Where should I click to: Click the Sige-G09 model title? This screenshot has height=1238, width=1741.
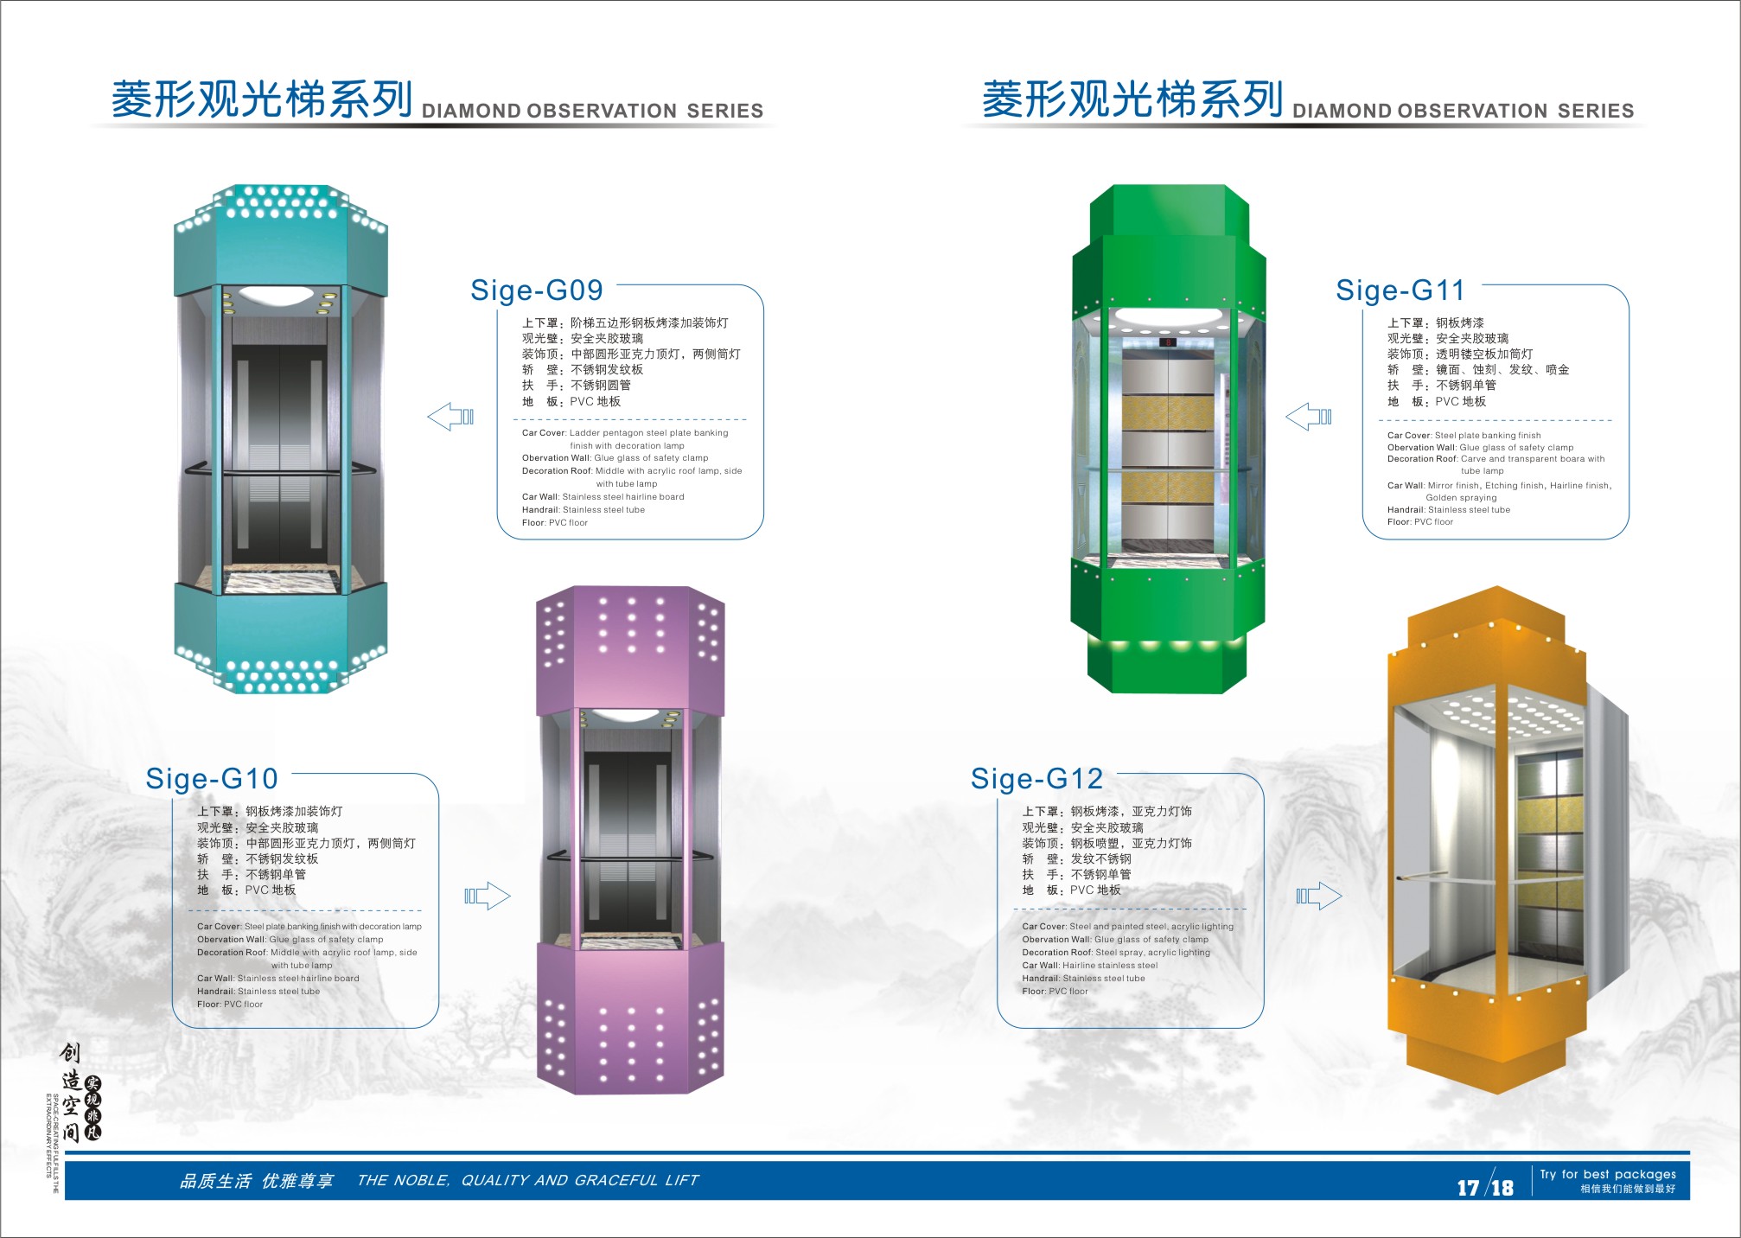[x=536, y=290]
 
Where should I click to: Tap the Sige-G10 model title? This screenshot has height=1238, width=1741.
[x=212, y=779]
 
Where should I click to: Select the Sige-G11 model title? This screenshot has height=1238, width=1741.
[x=1400, y=290]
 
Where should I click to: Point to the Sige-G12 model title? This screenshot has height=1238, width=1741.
[x=1036, y=779]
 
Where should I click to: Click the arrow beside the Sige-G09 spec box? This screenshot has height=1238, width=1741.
[x=450, y=417]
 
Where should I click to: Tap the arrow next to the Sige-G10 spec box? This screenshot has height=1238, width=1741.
[x=488, y=896]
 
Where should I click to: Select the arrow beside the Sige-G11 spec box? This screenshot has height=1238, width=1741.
[x=1309, y=417]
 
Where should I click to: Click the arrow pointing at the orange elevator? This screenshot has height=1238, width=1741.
[x=1319, y=896]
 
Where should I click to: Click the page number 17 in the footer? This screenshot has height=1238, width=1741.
[x=1468, y=1188]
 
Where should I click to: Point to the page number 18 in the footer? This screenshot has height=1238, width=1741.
[x=1502, y=1188]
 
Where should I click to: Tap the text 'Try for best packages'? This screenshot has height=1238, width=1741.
[x=1607, y=1174]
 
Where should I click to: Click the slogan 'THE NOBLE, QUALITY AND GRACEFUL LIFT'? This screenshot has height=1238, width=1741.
[x=527, y=1181]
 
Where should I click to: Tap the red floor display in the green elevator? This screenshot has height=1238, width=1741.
[x=1168, y=343]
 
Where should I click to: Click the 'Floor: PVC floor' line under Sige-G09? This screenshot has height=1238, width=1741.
[x=555, y=523]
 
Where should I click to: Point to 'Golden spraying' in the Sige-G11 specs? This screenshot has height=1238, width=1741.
[x=1461, y=498]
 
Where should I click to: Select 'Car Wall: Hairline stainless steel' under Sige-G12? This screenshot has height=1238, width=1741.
[x=1089, y=966]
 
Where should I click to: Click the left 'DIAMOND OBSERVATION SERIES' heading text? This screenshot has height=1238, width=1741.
[x=592, y=112]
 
